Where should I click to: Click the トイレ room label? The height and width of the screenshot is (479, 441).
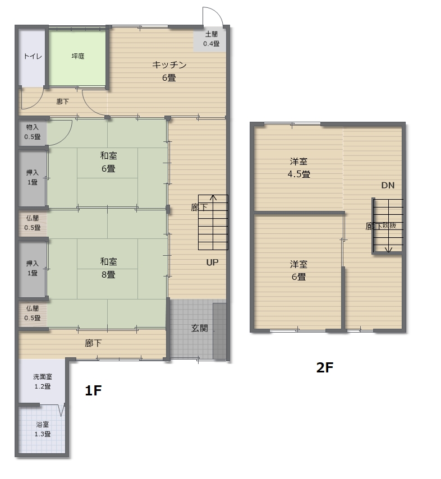[x=33, y=56]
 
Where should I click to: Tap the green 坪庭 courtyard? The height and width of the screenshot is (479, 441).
[x=77, y=58]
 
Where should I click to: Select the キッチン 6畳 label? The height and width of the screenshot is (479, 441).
[x=169, y=71]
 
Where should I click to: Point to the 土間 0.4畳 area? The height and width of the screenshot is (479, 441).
[x=211, y=40]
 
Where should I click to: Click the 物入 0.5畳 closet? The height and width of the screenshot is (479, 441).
[x=33, y=132]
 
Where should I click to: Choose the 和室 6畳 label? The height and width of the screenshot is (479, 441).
[x=108, y=162]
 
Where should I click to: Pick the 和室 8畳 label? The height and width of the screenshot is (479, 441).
[x=108, y=268]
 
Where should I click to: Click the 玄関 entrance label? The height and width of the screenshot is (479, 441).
[x=200, y=328]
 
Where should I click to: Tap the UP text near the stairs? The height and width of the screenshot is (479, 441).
[x=212, y=262]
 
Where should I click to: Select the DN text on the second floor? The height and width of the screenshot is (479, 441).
[x=388, y=185]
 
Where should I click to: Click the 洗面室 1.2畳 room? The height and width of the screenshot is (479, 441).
[x=42, y=381]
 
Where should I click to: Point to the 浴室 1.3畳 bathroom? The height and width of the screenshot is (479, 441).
[x=42, y=429]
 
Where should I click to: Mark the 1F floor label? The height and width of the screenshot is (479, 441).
[x=93, y=390]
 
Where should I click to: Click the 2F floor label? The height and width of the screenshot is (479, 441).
[x=324, y=367]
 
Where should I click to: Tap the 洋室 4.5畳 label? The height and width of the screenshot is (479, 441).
[x=299, y=168]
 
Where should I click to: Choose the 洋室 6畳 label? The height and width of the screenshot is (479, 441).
[x=298, y=270]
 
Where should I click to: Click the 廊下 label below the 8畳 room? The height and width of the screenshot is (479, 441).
[x=93, y=343]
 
